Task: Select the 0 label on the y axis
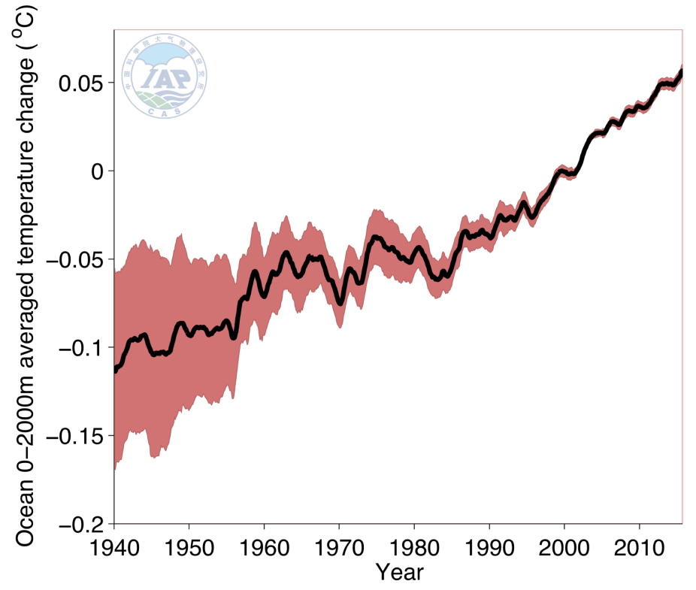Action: coord(97,171)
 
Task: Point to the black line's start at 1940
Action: coord(115,369)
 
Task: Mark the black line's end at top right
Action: coord(681,71)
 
